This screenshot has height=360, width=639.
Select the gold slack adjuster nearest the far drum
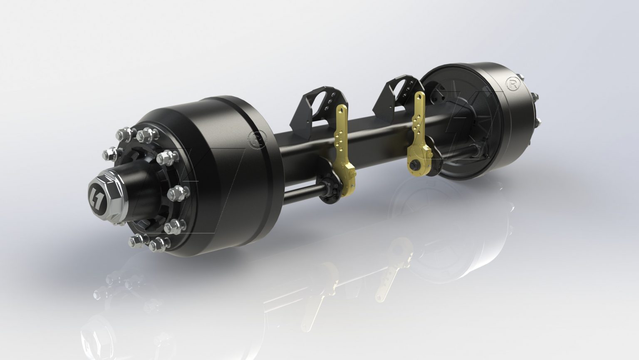tap(418, 137)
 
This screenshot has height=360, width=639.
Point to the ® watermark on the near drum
tap(255, 139)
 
